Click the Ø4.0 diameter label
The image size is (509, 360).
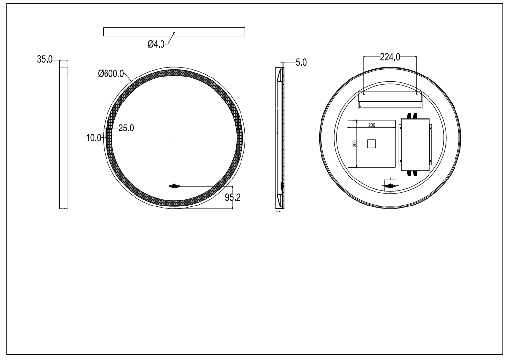coord(156,44)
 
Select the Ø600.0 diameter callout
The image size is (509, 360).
coord(111,74)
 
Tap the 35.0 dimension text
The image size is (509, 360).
coord(45,59)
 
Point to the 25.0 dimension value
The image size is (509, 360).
coord(126,128)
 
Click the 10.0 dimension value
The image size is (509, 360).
coord(94,138)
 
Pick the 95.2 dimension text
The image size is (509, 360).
coord(233,197)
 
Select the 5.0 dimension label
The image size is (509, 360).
coord(301,62)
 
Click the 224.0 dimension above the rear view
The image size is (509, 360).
coord(390,57)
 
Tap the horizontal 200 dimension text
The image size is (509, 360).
coord(372,125)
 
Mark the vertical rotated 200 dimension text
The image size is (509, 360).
coord(355,143)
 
